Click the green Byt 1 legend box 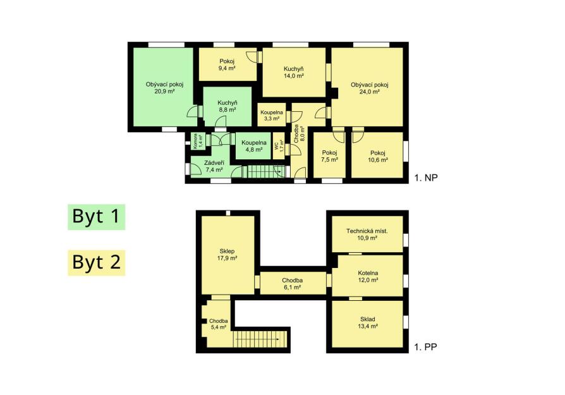96,217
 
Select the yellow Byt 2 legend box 96,262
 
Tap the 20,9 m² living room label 164,88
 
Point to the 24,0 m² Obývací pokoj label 369,88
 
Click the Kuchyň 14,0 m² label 294,72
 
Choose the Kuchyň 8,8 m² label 228,106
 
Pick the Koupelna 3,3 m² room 272,115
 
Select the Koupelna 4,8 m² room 253,146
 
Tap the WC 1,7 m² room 279,146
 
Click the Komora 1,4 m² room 198,141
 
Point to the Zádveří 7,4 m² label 214,166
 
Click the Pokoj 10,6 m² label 378,156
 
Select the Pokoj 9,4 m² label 227,64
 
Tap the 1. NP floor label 426,178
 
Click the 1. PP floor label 425,347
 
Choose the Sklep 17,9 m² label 227,255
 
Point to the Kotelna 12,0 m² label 368,276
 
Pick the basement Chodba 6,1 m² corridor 293,283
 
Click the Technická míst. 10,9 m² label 367,234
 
